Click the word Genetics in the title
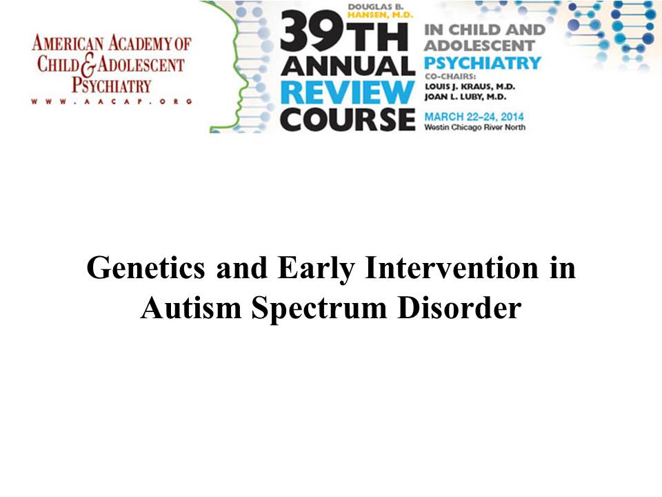(x=146, y=269)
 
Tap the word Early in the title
(x=317, y=269)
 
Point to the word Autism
(x=191, y=308)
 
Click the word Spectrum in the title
(x=319, y=309)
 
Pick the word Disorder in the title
(x=459, y=308)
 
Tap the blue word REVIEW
(x=348, y=92)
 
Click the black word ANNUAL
(x=348, y=66)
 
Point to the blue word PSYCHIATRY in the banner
(x=483, y=63)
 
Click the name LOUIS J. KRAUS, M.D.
(x=470, y=87)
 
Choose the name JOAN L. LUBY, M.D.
(x=465, y=97)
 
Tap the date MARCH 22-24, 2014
(x=474, y=117)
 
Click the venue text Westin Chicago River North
(x=475, y=127)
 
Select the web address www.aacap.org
(x=112, y=101)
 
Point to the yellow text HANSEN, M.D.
(x=380, y=14)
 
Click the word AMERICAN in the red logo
(x=68, y=43)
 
